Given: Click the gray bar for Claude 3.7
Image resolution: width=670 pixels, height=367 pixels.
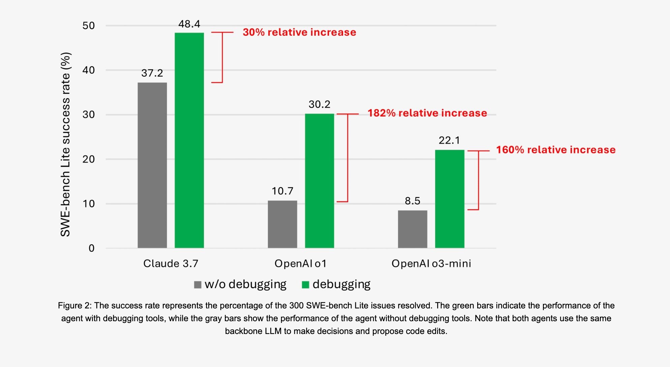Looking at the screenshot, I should click(152, 165).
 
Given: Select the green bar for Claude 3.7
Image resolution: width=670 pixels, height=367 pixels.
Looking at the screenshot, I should click(189, 140).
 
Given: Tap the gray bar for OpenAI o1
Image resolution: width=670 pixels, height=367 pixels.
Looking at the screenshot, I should click(282, 224).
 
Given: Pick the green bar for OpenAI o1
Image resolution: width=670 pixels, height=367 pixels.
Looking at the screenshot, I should click(319, 181).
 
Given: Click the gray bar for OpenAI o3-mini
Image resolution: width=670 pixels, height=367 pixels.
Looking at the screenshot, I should click(413, 229).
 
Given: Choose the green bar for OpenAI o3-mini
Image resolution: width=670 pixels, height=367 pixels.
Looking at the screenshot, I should click(450, 199).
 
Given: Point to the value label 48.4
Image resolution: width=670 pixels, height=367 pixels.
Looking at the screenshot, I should click(189, 24).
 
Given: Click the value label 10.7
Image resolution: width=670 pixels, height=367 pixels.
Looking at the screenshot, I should click(282, 191).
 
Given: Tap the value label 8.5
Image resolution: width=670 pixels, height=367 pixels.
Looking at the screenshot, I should click(413, 201).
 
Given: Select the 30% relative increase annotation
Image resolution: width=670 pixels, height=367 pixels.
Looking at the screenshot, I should click(299, 32).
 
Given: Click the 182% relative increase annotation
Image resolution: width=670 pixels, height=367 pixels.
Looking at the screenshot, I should click(427, 113).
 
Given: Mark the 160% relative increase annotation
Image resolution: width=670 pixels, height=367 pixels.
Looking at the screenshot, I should click(556, 150).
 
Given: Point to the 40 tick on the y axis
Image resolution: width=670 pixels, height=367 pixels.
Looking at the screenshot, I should click(89, 70).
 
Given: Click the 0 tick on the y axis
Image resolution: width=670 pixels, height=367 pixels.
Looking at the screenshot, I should click(91, 248).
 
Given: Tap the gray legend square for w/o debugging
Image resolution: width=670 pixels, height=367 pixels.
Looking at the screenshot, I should click(198, 285).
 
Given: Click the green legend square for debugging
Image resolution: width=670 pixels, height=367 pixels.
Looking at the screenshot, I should click(305, 285).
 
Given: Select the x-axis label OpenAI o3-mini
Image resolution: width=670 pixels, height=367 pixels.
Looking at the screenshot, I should click(431, 264).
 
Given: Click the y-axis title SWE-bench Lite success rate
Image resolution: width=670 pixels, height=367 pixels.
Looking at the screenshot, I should click(65, 145).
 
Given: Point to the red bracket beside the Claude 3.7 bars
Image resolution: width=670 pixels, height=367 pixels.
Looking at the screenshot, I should click(222, 57).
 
